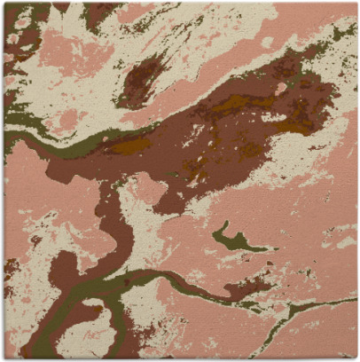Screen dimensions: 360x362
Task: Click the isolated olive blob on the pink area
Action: (232, 239)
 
